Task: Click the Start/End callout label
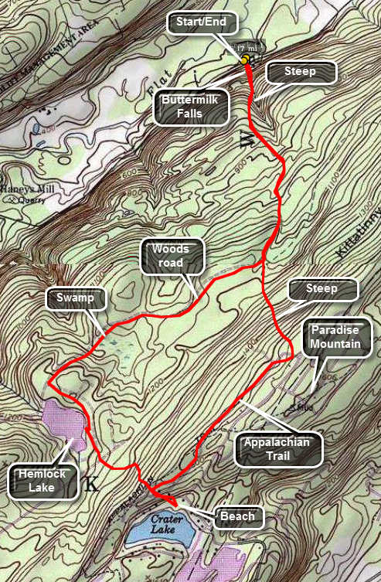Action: (199, 23)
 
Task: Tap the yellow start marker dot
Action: (244, 59)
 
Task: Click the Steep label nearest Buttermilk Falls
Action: (302, 73)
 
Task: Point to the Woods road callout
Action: (174, 256)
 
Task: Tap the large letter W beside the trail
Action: (247, 140)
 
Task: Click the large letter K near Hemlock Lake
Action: (93, 485)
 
